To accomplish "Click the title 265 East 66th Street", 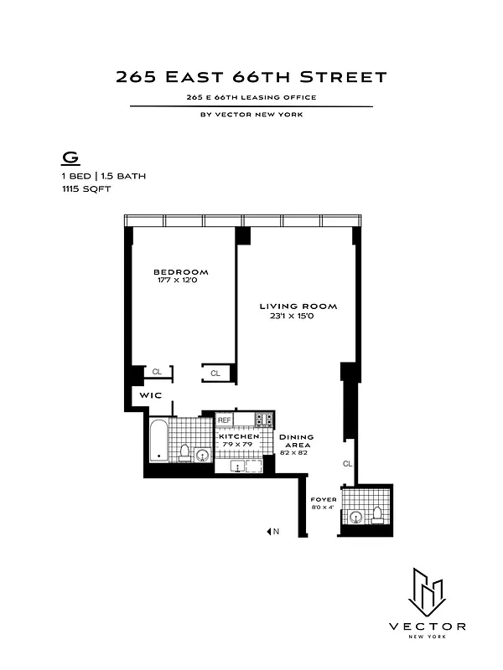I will click(251, 78).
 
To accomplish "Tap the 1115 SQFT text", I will click(85, 189).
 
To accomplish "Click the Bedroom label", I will click(180, 272).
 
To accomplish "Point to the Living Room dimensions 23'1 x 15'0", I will click(298, 317).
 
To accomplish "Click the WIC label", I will click(150, 394).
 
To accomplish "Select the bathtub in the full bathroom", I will click(158, 441).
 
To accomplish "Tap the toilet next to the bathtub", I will click(184, 453).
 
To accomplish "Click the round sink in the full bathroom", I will click(202, 456).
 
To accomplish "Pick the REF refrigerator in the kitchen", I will click(225, 420).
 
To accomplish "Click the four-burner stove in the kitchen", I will click(265, 420).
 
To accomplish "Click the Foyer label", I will click(324, 500).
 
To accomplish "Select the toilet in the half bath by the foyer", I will click(376, 515).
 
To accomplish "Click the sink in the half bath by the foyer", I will click(355, 518).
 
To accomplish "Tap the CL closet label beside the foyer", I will click(347, 463).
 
